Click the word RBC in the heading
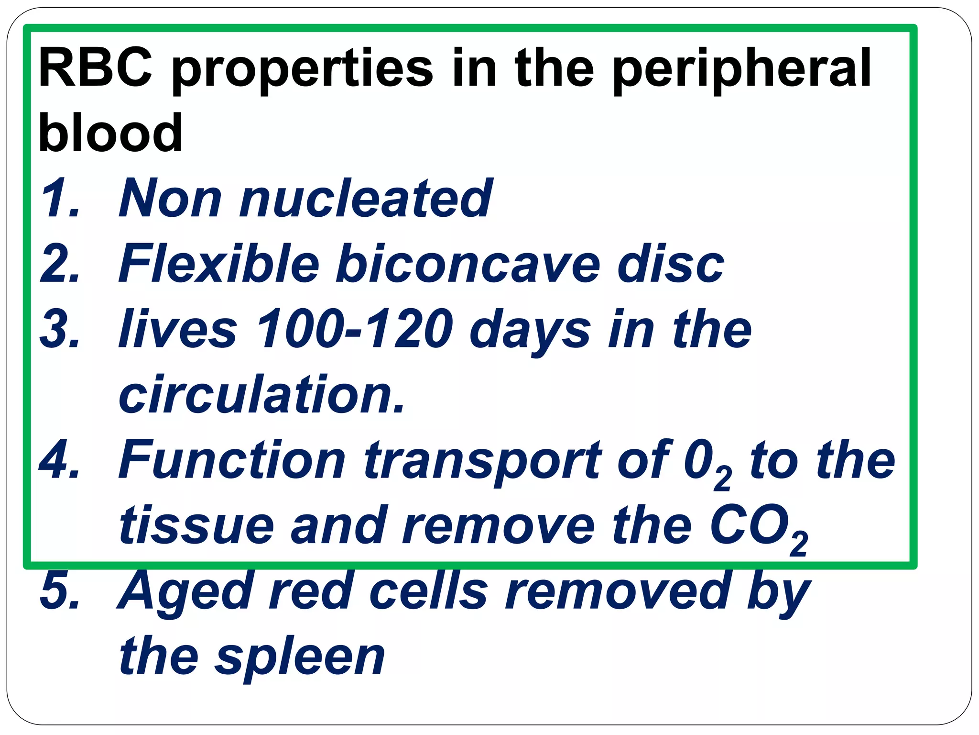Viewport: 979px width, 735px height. (x=95, y=68)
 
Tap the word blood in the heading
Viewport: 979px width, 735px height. (x=110, y=133)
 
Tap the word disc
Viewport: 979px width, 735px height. (x=670, y=264)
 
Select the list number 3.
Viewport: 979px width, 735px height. (x=59, y=329)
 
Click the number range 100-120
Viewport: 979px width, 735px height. (x=354, y=329)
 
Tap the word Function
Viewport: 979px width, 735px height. (x=231, y=461)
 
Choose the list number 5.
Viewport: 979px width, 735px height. (x=59, y=591)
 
